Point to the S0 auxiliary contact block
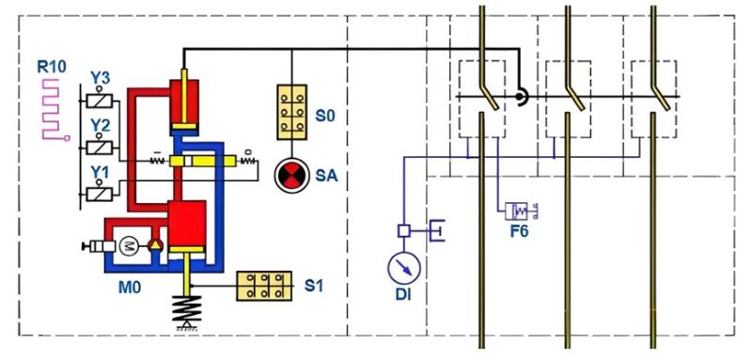[x=292, y=114]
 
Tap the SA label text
[x=327, y=175]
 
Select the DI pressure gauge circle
[x=402, y=268]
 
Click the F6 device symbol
[x=518, y=211]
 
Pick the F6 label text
[x=517, y=231]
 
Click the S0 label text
[x=324, y=116]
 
